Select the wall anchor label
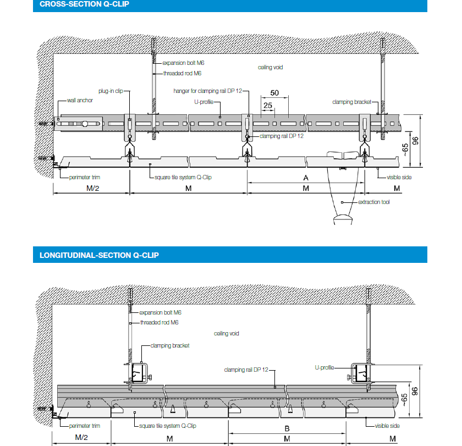click(x=80, y=101)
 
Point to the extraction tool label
click(x=373, y=202)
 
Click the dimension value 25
click(x=268, y=105)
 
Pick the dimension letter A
click(x=305, y=178)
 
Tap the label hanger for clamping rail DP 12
click(x=207, y=91)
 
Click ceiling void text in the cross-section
click(x=271, y=67)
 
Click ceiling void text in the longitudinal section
click(x=227, y=333)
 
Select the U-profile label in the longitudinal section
click(x=324, y=367)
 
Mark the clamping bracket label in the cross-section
click(x=351, y=102)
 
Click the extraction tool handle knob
click(x=342, y=221)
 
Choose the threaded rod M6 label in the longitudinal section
click(x=159, y=322)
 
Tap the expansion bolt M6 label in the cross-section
click(x=182, y=63)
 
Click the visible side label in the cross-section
click(x=399, y=177)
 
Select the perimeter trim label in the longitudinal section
click(x=85, y=426)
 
